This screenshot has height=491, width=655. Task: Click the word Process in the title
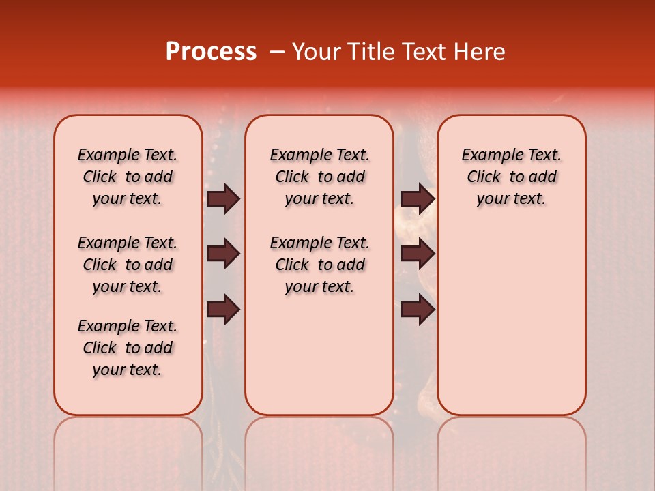[211, 52]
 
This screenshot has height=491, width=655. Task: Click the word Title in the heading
[369, 52]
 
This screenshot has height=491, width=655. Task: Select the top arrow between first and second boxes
[223, 198]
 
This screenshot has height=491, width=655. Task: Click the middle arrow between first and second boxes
[223, 254]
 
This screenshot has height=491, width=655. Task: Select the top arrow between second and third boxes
[418, 198]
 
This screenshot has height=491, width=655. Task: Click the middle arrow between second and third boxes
[418, 254]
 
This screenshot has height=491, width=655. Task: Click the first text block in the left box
[128, 177]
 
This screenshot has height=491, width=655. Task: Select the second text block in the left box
[128, 265]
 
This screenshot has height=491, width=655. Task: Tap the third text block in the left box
[128, 348]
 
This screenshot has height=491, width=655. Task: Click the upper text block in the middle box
[319, 177]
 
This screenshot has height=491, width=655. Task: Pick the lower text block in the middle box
[319, 265]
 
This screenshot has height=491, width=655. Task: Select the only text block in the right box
[511, 177]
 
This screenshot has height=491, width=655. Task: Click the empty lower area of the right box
[511, 321]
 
